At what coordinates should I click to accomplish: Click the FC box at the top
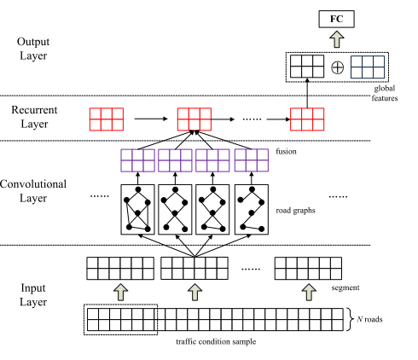tap(336, 19)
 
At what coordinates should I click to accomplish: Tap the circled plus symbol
tap(338, 67)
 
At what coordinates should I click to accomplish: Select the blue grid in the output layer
tap(368, 67)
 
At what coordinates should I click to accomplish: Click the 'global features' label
tap(385, 93)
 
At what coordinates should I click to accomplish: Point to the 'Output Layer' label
tap(33, 49)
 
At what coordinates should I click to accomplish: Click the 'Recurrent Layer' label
tap(34, 117)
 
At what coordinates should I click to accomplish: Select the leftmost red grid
tap(107, 119)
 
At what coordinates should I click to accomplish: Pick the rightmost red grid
tap(307, 119)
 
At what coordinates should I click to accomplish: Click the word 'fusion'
tap(286, 151)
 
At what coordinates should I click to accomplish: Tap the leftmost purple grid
tap(138, 160)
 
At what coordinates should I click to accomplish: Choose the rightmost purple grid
tap(252, 160)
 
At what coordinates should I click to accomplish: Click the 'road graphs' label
tap(295, 211)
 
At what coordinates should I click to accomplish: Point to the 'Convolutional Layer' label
tap(33, 191)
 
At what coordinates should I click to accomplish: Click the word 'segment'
tap(345, 287)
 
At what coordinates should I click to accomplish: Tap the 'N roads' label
tap(369, 319)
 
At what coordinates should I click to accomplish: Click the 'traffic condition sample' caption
tap(216, 341)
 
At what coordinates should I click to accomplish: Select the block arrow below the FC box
tap(337, 39)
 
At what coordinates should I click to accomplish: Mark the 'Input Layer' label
tap(33, 295)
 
